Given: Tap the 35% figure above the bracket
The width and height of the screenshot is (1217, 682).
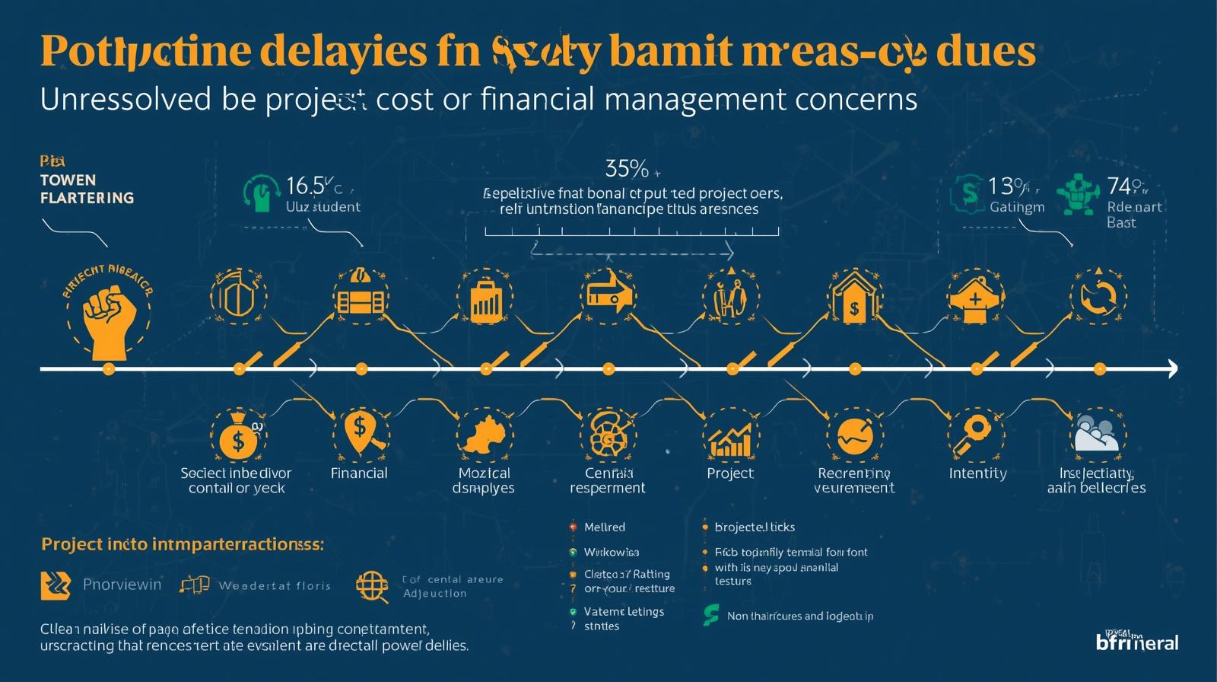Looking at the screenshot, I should click(627, 168).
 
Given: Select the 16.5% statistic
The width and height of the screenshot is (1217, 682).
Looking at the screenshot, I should click(309, 186).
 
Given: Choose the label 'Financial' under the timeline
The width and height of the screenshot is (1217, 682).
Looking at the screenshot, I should click(359, 473).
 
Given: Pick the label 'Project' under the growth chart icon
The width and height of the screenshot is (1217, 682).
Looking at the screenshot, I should click(729, 473).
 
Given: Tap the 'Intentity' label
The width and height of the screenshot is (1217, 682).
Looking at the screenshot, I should click(977, 473).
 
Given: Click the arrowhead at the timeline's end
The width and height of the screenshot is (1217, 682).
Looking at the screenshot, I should click(1171, 369).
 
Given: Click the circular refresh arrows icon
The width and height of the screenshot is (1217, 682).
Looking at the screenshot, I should click(1098, 297).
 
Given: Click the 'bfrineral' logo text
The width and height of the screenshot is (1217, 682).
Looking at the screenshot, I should click(1137, 642).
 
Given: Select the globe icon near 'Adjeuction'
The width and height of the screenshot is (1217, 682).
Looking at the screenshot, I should click(372, 585).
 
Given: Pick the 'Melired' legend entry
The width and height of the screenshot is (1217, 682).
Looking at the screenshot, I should click(604, 527).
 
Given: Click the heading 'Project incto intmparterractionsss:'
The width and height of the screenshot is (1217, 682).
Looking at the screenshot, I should click(183, 544).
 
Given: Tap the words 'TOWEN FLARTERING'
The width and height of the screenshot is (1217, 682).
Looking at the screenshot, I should click(87, 189).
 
